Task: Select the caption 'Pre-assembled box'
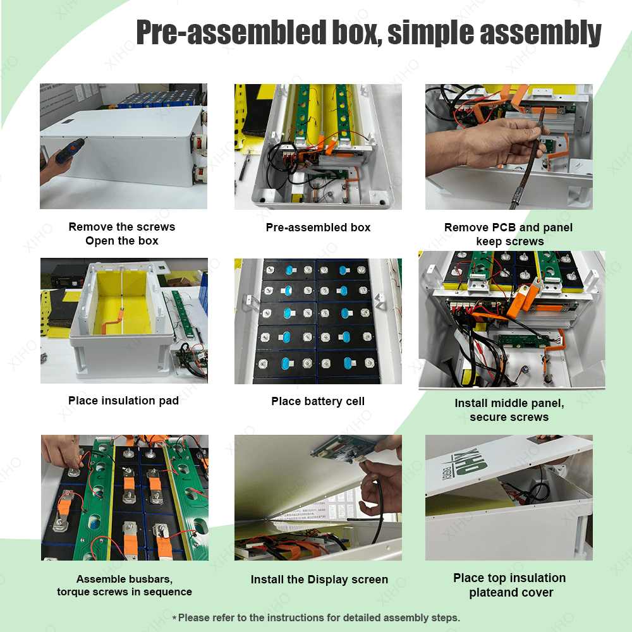pyautogui.click(x=318, y=228)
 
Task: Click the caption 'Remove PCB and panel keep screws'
pyautogui.click(x=509, y=234)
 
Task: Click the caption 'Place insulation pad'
pyautogui.click(x=123, y=401)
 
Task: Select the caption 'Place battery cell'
pyautogui.click(x=318, y=401)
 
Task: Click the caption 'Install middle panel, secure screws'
pyautogui.click(x=509, y=410)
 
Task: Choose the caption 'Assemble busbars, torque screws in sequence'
pyautogui.click(x=125, y=586)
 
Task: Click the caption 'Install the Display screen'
pyautogui.click(x=319, y=580)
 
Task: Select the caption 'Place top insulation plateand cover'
pyautogui.click(x=509, y=585)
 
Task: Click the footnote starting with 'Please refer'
pyautogui.click(x=316, y=617)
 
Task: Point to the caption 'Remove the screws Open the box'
pyautogui.click(x=122, y=234)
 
